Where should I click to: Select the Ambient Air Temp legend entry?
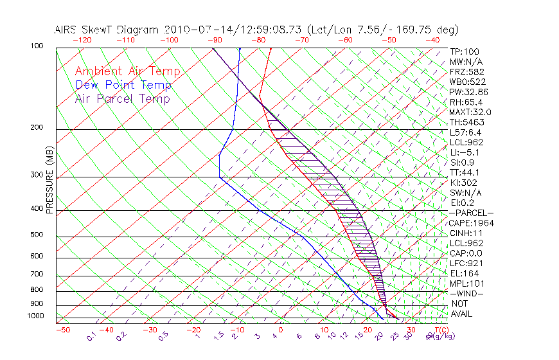click(127, 71)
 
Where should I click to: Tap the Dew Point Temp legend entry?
click(123, 85)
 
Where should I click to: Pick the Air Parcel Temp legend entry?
click(122, 98)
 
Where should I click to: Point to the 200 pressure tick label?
click(37, 127)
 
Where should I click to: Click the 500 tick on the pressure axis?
click(37, 235)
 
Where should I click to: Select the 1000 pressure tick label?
click(35, 316)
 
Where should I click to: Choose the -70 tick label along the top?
click(301, 40)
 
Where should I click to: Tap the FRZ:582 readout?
click(466, 71)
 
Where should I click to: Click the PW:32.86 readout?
click(469, 91)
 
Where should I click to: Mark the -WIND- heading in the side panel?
click(467, 293)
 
